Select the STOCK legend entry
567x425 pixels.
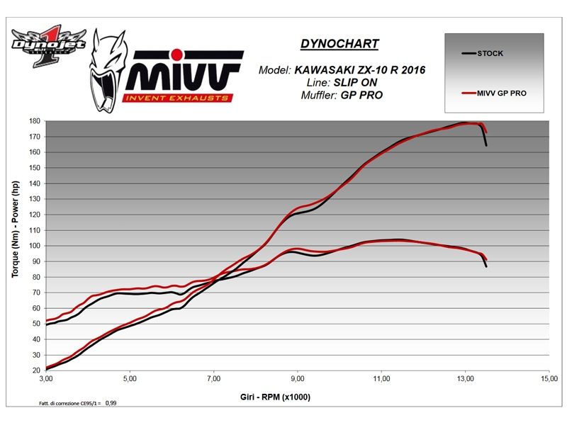coord(490,52)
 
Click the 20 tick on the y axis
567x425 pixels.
coord(36,370)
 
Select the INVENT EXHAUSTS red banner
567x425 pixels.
coord(176,97)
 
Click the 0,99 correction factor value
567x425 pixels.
coord(111,403)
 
